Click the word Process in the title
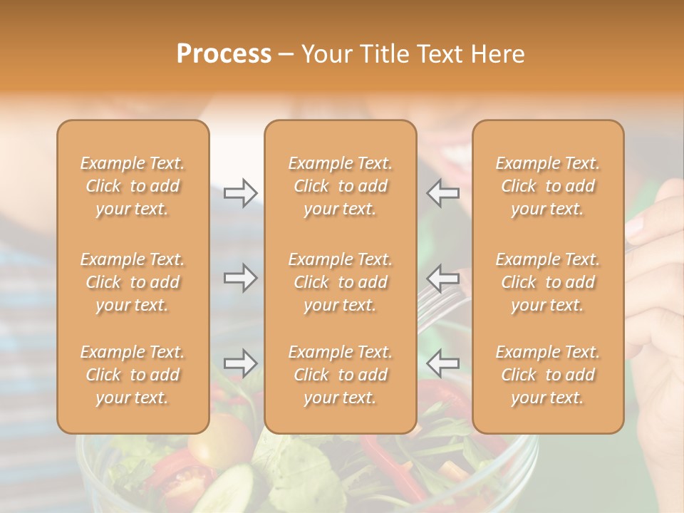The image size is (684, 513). click(x=224, y=54)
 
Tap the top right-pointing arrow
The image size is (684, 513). click(x=240, y=193)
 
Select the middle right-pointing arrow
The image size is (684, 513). click(x=240, y=278)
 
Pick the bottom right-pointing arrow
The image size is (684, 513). click(x=240, y=363)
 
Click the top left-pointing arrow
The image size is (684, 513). click(x=442, y=193)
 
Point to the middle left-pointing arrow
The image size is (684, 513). click(x=442, y=278)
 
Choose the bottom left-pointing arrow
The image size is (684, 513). click(x=442, y=363)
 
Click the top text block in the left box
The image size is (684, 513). click(x=133, y=186)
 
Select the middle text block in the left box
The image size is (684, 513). click(x=133, y=282)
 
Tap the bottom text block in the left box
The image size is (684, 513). click(x=133, y=375)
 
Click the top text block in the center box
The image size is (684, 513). click(x=340, y=186)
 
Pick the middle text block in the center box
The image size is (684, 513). click(x=340, y=282)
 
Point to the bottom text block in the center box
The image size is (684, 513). click(x=340, y=375)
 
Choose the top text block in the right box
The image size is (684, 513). click(x=547, y=186)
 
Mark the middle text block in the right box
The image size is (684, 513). click(x=547, y=282)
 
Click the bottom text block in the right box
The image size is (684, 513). click(x=547, y=375)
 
